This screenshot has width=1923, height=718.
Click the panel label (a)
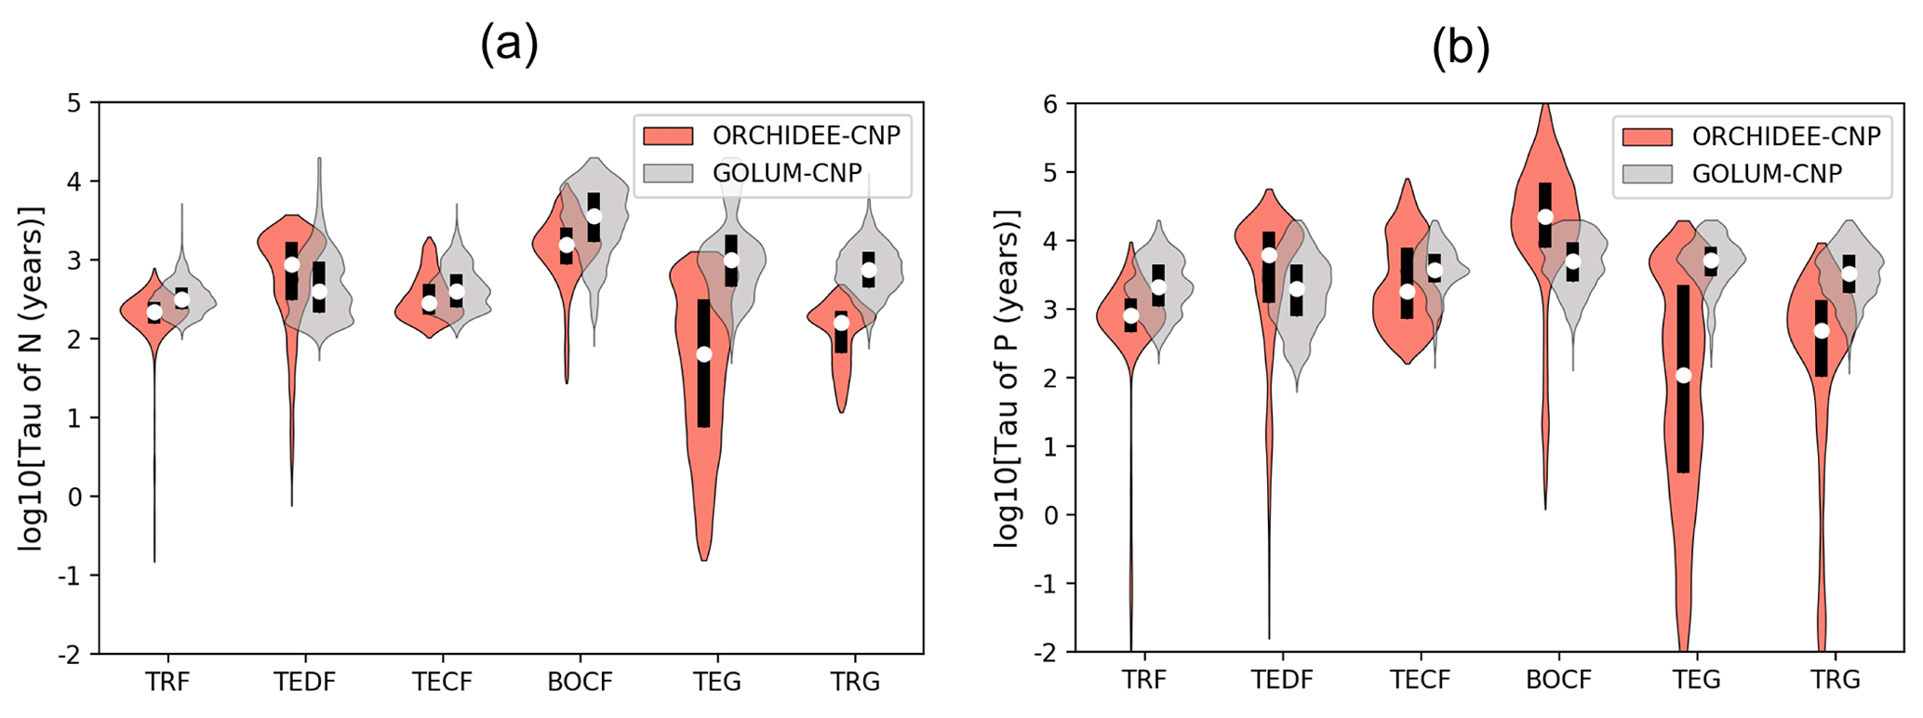point(509,44)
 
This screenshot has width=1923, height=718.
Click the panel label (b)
point(1461,47)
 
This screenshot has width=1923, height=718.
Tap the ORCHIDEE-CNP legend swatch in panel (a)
point(668,136)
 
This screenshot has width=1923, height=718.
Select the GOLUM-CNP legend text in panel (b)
point(1767,174)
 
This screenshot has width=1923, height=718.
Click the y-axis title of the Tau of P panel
point(1008,378)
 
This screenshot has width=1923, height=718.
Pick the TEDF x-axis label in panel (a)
point(304,683)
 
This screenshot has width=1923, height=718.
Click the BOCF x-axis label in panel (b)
point(1558,680)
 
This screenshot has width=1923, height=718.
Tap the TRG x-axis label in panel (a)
point(855,683)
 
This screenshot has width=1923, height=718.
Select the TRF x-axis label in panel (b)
point(1143,680)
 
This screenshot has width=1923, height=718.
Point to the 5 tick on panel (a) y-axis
point(74,102)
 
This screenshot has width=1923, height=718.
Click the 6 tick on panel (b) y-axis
point(1050,103)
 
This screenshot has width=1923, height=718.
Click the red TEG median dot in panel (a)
point(704,354)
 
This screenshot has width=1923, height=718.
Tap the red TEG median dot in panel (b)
point(1683,376)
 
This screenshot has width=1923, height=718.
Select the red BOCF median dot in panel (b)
point(1545,217)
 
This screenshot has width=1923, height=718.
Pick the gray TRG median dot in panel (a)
point(869,270)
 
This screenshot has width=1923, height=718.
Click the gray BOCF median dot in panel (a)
point(594,216)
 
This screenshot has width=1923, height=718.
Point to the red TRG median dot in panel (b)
point(1822,331)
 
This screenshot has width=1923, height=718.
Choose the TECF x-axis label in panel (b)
point(1421,680)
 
